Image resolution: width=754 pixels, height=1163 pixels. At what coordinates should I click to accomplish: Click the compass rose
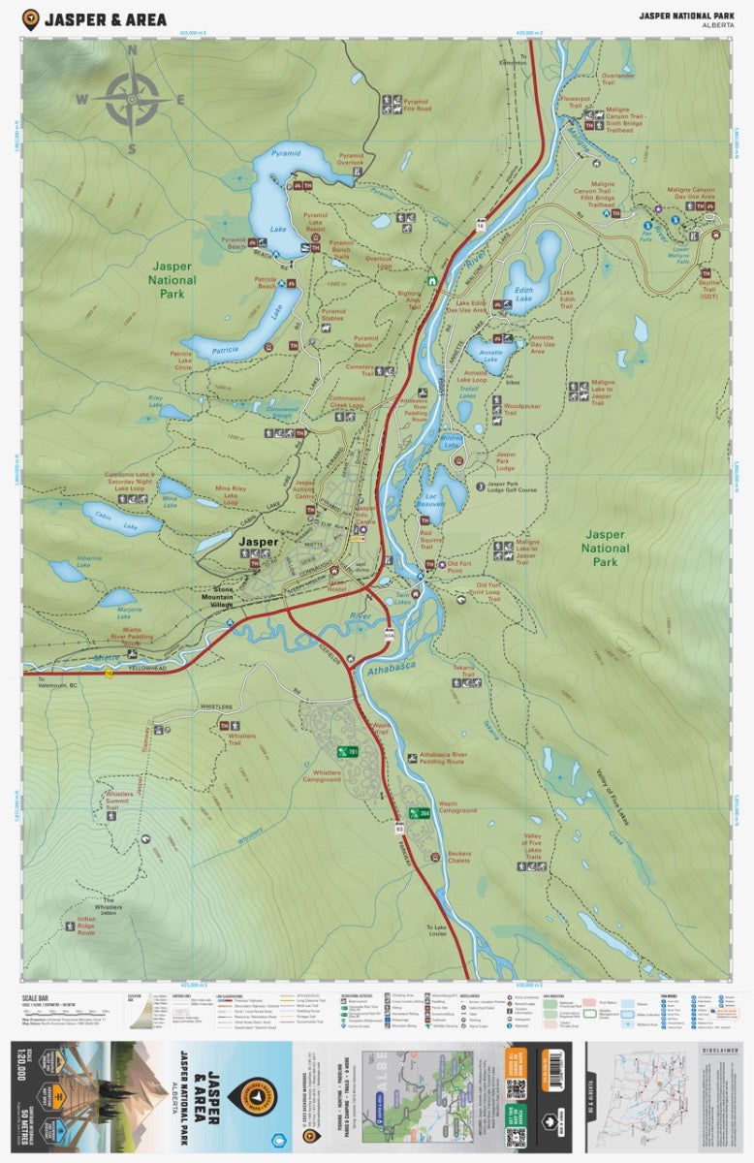(132, 99)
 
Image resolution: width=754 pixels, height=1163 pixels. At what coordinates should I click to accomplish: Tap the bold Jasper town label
(259, 543)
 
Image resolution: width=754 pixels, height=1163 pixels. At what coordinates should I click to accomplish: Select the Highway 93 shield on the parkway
(398, 829)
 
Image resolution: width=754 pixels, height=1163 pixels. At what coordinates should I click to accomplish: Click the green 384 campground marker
(418, 813)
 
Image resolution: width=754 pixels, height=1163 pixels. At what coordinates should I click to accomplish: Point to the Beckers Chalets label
(458, 857)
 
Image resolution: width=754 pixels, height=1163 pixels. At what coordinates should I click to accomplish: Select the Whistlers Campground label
(322, 775)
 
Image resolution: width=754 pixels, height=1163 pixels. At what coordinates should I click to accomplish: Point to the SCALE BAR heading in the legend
(39, 995)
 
